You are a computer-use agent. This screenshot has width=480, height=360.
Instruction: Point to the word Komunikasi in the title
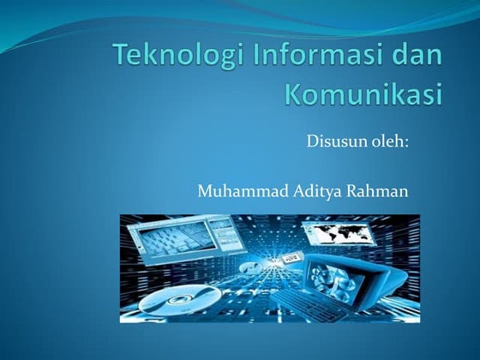(364, 93)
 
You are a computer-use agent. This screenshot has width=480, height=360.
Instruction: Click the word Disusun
(335, 142)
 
